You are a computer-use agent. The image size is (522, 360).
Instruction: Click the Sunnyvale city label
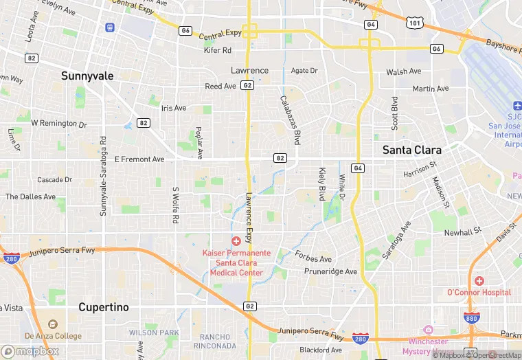(x=87, y=76)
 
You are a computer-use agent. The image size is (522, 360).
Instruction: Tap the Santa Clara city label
(x=411, y=149)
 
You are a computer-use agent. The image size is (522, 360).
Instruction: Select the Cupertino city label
(x=103, y=307)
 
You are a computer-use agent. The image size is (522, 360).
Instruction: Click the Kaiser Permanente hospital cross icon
(x=236, y=240)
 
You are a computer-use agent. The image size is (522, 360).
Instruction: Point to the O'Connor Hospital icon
(x=479, y=281)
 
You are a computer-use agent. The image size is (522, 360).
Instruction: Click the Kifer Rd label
(x=218, y=50)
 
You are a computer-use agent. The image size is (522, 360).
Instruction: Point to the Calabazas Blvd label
(x=290, y=120)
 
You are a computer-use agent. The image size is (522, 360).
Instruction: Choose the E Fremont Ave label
(x=139, y=159)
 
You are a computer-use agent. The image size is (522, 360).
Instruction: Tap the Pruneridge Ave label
(x=331, y=271)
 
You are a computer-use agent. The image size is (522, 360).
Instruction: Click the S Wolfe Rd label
(x=176, y=204)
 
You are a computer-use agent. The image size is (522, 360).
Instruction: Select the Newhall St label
(x=459, y=233)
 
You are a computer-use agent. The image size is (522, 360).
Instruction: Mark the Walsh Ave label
(x=403, y=71)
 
